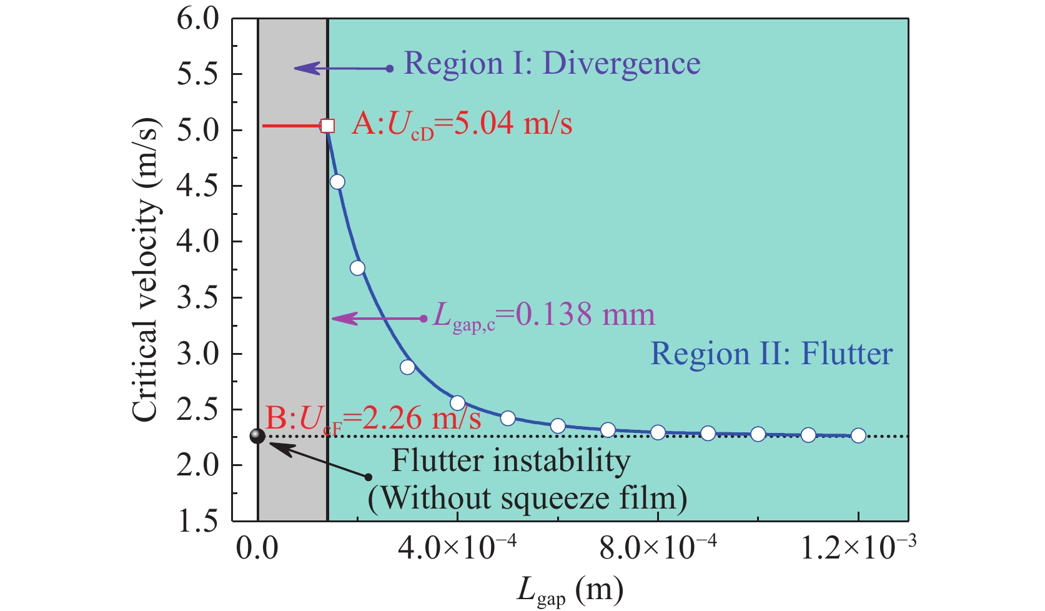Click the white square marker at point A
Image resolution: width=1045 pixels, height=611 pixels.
pos(328,126)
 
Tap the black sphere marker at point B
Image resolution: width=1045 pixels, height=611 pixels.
pos(257,436)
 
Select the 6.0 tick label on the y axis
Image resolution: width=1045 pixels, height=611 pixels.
pos(199,19)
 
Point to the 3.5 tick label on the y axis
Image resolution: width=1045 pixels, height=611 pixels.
pos(199,298)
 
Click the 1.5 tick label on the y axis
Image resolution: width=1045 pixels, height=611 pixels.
pos(199,521)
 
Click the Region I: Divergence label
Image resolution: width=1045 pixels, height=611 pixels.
pos(552,64)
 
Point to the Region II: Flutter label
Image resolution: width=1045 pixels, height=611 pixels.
pos(771,354)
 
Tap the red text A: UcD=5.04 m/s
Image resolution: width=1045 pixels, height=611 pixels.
pos(462,124)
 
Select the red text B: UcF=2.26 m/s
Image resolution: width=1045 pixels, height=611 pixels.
pos(374,418)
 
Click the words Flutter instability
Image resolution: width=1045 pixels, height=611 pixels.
pos(511,462)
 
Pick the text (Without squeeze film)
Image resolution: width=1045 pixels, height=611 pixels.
pos(528,498)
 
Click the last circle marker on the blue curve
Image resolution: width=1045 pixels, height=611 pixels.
pos(858,435)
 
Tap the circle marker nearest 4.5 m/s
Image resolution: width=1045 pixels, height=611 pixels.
pos(337,182)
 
